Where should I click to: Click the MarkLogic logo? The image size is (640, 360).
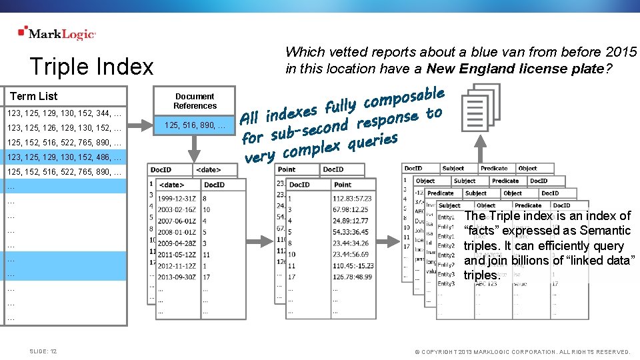tap(57, 33)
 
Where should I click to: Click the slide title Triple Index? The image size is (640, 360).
tap(91, 67)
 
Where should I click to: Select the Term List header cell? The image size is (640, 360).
tap(34, 96)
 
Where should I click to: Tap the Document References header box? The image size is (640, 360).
tap(195, 101)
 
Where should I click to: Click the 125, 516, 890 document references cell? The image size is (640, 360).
tap(195, 125)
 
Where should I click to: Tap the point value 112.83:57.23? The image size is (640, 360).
tap(353, 198)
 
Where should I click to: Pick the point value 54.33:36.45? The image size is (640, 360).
tap(352, 232)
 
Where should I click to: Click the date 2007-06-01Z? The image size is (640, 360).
tap(177, 221)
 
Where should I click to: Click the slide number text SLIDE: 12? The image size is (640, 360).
tap(43, 351)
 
